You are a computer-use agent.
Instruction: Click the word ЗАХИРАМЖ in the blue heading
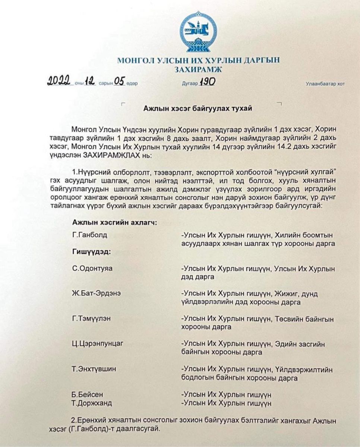coord(198,69)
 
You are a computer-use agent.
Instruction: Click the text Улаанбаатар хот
coord(325,84)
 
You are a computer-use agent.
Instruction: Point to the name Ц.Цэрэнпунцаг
coord(98,344)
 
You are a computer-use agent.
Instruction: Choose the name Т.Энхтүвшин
coord(94,369)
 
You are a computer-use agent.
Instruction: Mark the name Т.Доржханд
coord(92,403)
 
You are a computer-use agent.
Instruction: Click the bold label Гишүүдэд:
coord(92,252)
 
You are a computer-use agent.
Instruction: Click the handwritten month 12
coord(90,82)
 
